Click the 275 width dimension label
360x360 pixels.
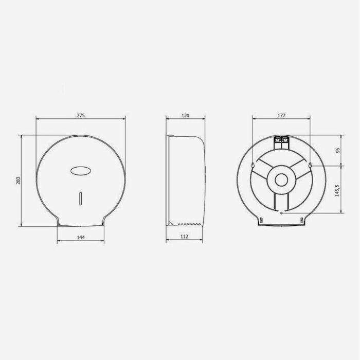[x=81, y=115]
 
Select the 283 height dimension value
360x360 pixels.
[x=17, y=181]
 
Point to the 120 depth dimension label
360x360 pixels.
[x=186, y=115]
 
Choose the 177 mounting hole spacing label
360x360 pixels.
[x=281, y=115]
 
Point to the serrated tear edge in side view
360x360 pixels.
[x=189, y=224]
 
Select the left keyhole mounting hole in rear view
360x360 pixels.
[x=251, y=165]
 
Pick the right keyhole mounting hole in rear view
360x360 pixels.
[x=311, y=165]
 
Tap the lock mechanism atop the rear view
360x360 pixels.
[x=281, y=138]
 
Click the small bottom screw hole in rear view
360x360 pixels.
[x=281, y=210]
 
